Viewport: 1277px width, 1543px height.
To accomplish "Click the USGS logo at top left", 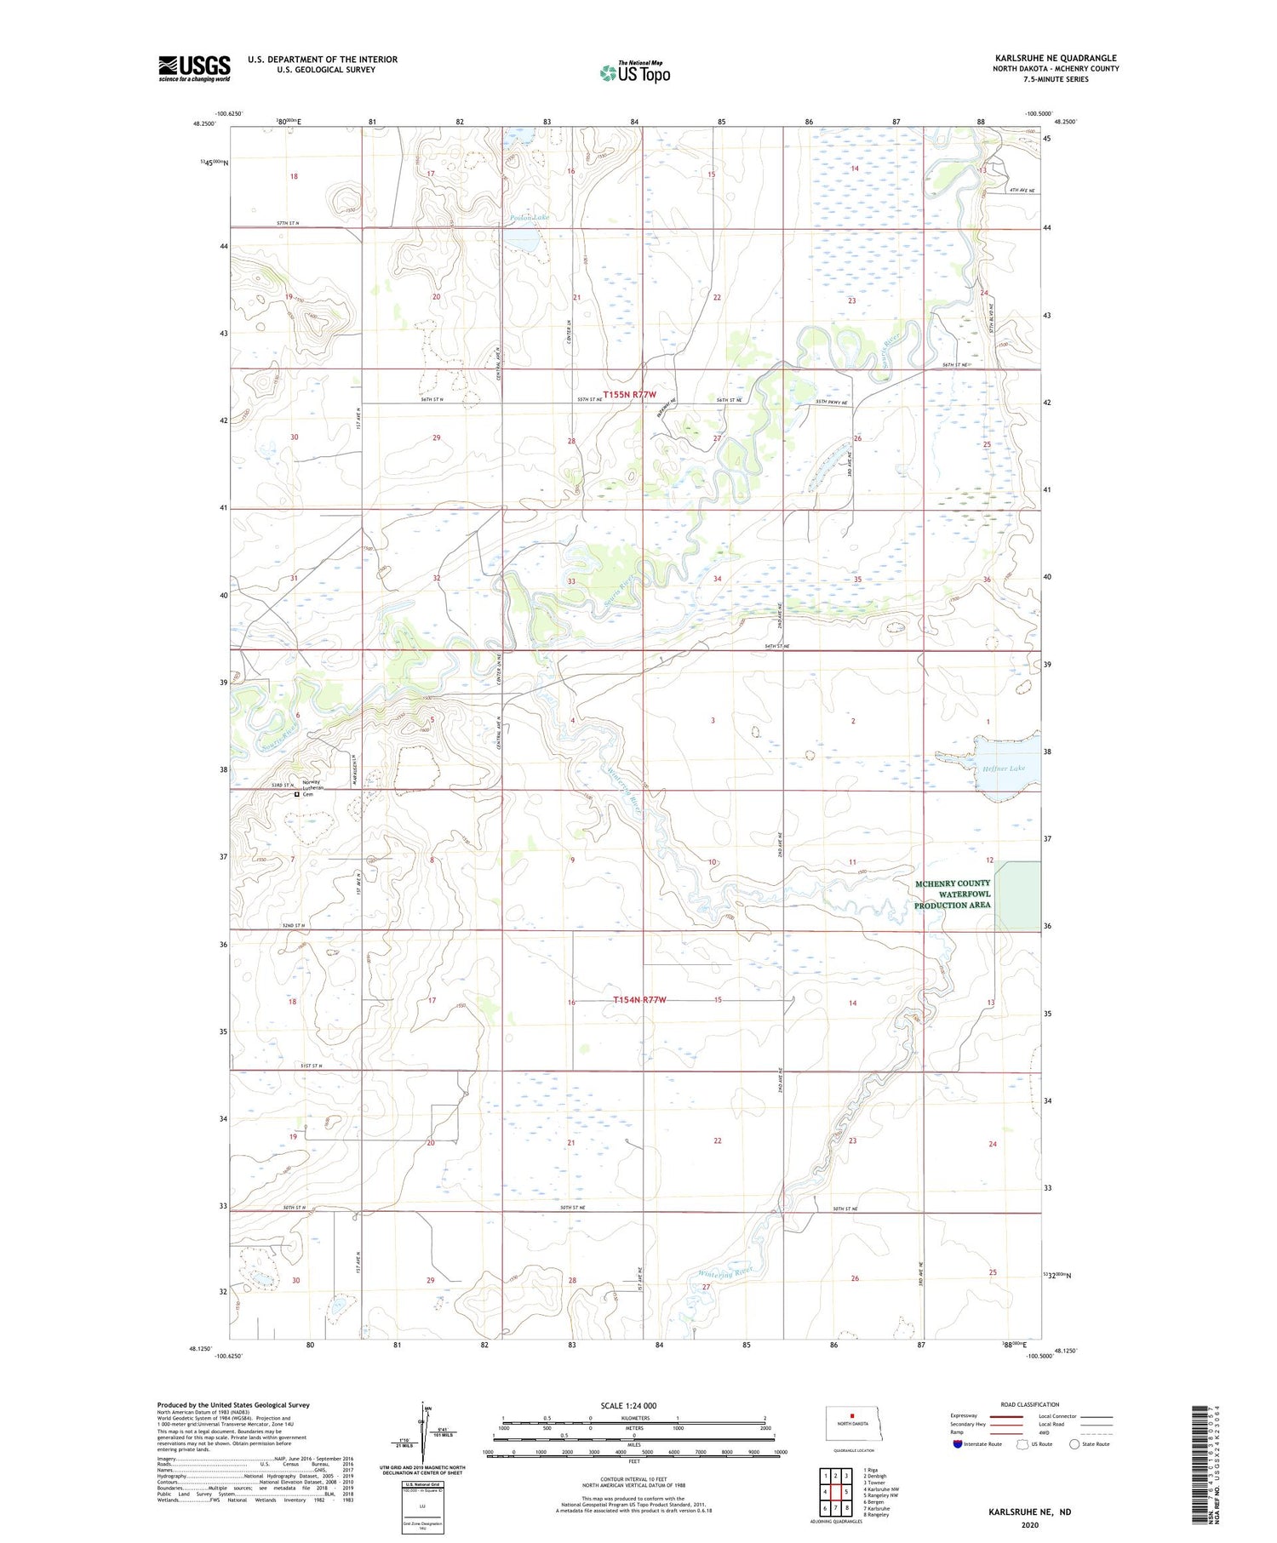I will click(x=194, y=68).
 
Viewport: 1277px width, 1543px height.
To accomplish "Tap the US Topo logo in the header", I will click(x=635, y=73).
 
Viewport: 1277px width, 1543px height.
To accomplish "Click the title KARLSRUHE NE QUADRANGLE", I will click(x=1056, y=58).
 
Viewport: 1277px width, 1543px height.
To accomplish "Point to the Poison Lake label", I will click(x=530, y=218).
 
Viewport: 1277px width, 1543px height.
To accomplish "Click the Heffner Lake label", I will click(x=1005, y=768).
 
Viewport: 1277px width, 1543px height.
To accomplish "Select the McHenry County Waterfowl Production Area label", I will click(x=953, y=894).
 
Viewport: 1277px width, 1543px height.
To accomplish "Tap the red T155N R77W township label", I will click(x=630, y=395).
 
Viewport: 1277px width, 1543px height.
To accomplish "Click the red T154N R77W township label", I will click(x=639, y=1000).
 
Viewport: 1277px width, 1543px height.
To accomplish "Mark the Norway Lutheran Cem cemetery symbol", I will click(x=296, y=795).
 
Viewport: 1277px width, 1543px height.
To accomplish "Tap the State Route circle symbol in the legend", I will click(x=1074, y=1443).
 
